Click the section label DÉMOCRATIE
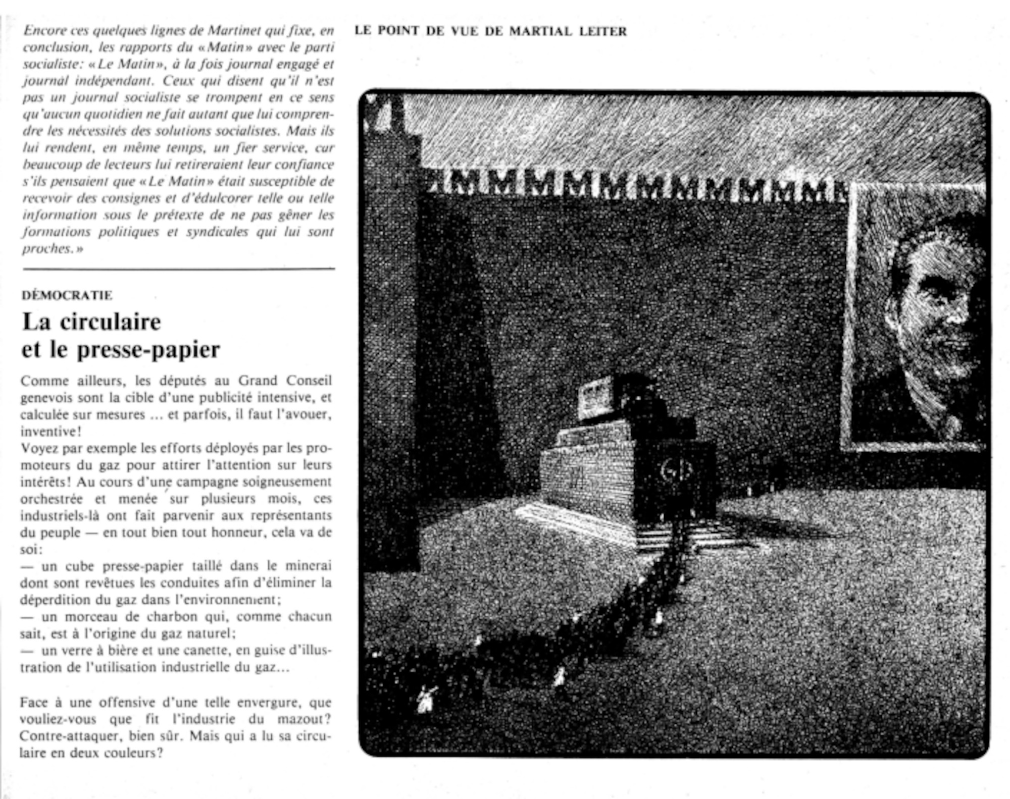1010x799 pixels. pos(67,295)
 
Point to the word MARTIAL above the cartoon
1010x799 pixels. pos(540,31)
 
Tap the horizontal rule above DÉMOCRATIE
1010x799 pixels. pos(179,269)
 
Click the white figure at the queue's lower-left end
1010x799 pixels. pos(426,699)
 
